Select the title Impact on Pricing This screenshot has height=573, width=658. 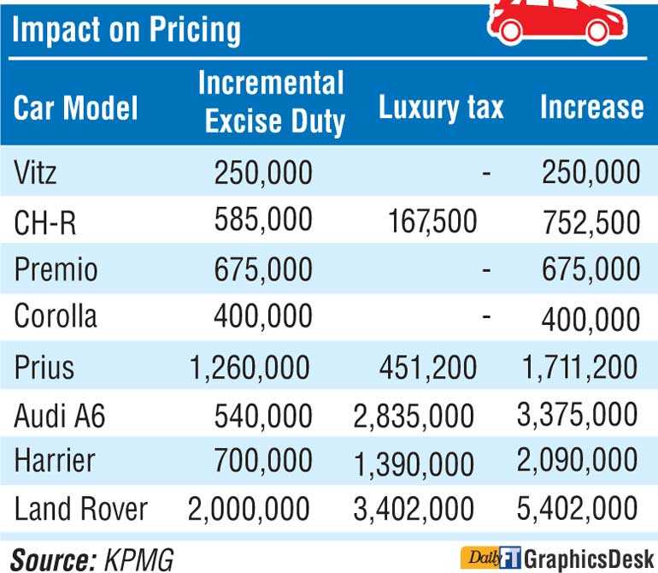(x=127, y=30)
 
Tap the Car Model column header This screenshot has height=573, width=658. (x=76, y=108)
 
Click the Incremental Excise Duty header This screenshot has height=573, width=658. (x=272, y=103)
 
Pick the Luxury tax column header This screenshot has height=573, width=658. (x=440, y=107)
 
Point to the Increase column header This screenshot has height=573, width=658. (x=591, y=107)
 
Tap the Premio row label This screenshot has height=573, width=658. (x=56, y=269)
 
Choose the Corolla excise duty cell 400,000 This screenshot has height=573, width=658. (x=263, y=317)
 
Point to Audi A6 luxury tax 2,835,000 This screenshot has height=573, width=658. (x=413, y=416)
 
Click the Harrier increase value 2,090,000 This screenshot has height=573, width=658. (x=577, y=462)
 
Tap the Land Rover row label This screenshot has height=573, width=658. (x=81, y=510)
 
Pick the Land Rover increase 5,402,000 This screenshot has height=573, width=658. (x=577, y=510)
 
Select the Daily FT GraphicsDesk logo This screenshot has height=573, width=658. (x=558, y=558)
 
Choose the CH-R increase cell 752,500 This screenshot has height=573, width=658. (x=590, y=222)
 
